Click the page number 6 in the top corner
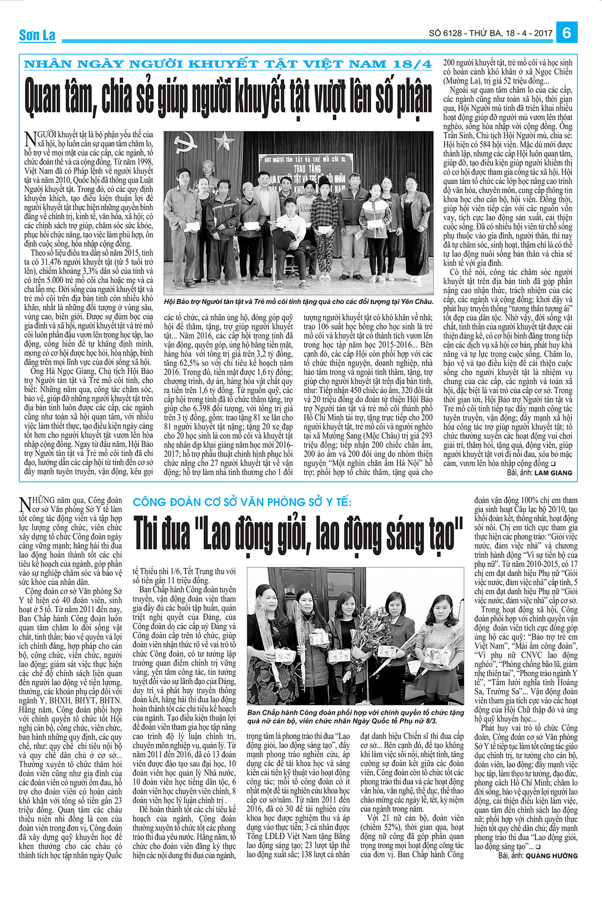[567, 33]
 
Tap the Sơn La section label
[37, 35]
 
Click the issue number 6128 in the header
[453, 34]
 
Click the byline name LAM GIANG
[553, 473]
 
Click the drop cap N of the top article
[29, 138]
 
